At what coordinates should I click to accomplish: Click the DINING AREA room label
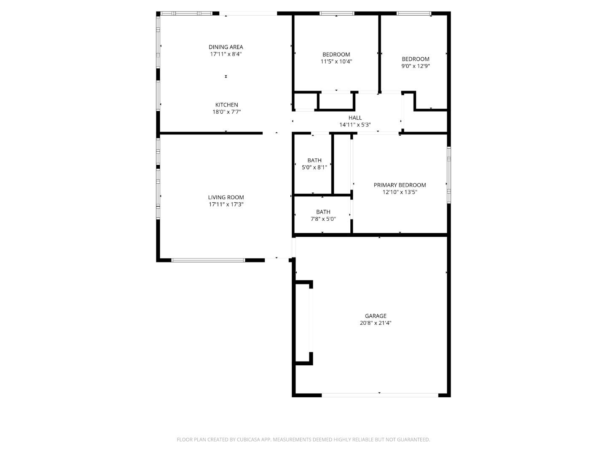(226, 47)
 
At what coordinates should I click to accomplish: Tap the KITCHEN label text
(227, 105)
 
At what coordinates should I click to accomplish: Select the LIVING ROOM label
(226, 197)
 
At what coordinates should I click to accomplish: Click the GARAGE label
(376, 316)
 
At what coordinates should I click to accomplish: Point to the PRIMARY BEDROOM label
(400, 185)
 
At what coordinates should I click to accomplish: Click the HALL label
(355, 118)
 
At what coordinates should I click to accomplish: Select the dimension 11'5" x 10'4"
(336, 62)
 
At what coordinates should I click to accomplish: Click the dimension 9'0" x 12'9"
(415, 66)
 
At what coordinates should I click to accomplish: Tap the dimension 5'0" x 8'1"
(314, 167)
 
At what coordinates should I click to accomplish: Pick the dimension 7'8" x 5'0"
(323, 219)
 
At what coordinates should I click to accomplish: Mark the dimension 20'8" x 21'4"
(376, 323)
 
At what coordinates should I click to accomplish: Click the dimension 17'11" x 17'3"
(226, 204)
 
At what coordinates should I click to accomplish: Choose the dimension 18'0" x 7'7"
(227, 112)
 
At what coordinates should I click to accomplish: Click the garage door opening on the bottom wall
(380, 395)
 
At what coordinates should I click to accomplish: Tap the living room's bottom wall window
(208, 260)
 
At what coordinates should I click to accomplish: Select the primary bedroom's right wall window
(449, 175)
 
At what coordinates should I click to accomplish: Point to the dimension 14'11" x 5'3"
(355, 125)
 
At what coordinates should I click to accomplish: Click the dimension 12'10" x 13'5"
(400, 192)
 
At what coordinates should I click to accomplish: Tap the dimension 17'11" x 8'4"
(226, 54)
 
